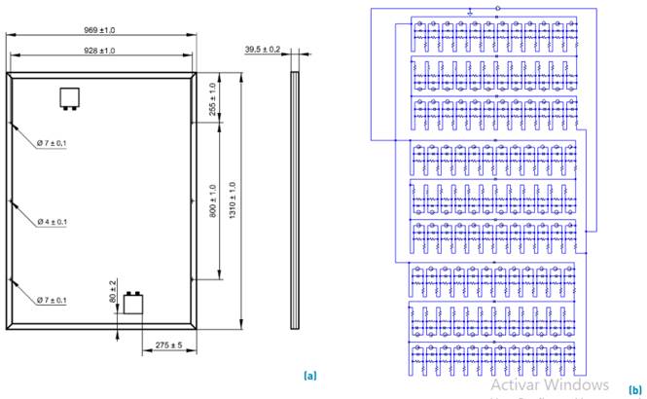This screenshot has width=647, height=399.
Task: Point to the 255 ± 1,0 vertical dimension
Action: (214, 101)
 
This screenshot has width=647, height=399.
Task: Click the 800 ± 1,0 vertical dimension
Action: (214, 200)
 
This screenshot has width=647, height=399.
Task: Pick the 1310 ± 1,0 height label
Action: (232, 200)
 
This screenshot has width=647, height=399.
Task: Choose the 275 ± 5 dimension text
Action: (171, 345)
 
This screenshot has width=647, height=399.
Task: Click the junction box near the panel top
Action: (69, 96)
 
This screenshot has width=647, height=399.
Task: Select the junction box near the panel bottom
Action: (132, 305)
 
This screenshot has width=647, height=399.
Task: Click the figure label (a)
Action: (310, 374)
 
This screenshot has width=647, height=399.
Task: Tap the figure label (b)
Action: (634, 387)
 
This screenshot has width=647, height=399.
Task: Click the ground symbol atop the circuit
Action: (471, 11)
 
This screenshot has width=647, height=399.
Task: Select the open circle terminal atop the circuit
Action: (498, 9)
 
